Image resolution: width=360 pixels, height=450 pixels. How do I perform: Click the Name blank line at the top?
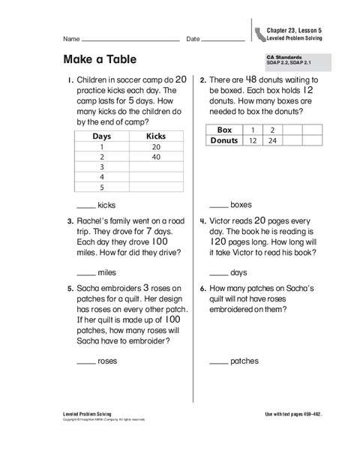pos(130,40)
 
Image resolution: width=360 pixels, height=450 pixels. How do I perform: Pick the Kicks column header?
pos(155,136)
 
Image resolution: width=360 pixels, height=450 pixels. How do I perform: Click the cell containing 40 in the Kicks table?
pos(155,157)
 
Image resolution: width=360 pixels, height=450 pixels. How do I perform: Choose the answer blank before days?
pos(218,272)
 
